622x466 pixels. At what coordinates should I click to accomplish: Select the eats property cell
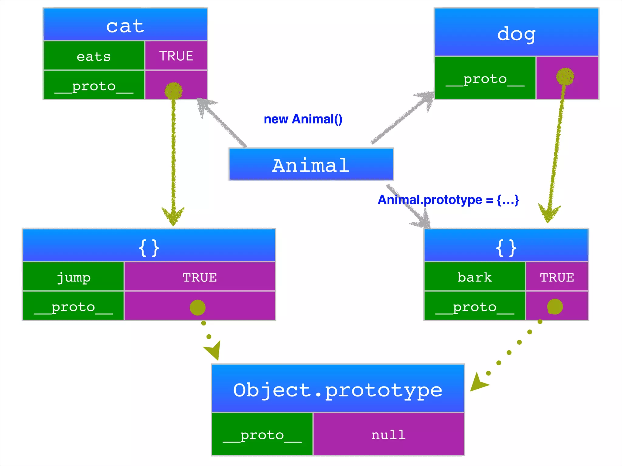coord(94,56)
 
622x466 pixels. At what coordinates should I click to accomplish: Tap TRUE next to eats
coord(176,56)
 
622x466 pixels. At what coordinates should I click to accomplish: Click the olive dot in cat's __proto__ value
coord(173,91)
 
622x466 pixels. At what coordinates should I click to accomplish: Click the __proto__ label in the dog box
coord(485,79)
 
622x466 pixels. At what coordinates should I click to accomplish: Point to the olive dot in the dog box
coord(565,76)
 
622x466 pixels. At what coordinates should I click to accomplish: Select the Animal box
coord(311,165)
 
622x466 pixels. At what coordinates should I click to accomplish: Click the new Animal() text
coord(303,119)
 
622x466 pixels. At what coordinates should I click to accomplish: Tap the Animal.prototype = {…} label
coord(448,200)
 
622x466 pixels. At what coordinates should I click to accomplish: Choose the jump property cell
coord(73,277)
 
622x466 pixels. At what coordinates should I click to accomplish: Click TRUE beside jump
coord(200,277)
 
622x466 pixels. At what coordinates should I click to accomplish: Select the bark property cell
coord(474,277)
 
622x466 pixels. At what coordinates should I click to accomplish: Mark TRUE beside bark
coord(557,277)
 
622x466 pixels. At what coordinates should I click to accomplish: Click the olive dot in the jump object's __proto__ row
coord(197,308)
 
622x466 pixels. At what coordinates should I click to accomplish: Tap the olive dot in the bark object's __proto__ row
coord(555,306)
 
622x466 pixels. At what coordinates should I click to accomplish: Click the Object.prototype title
coord(338,390)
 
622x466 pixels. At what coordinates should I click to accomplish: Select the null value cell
coord(388,435)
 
